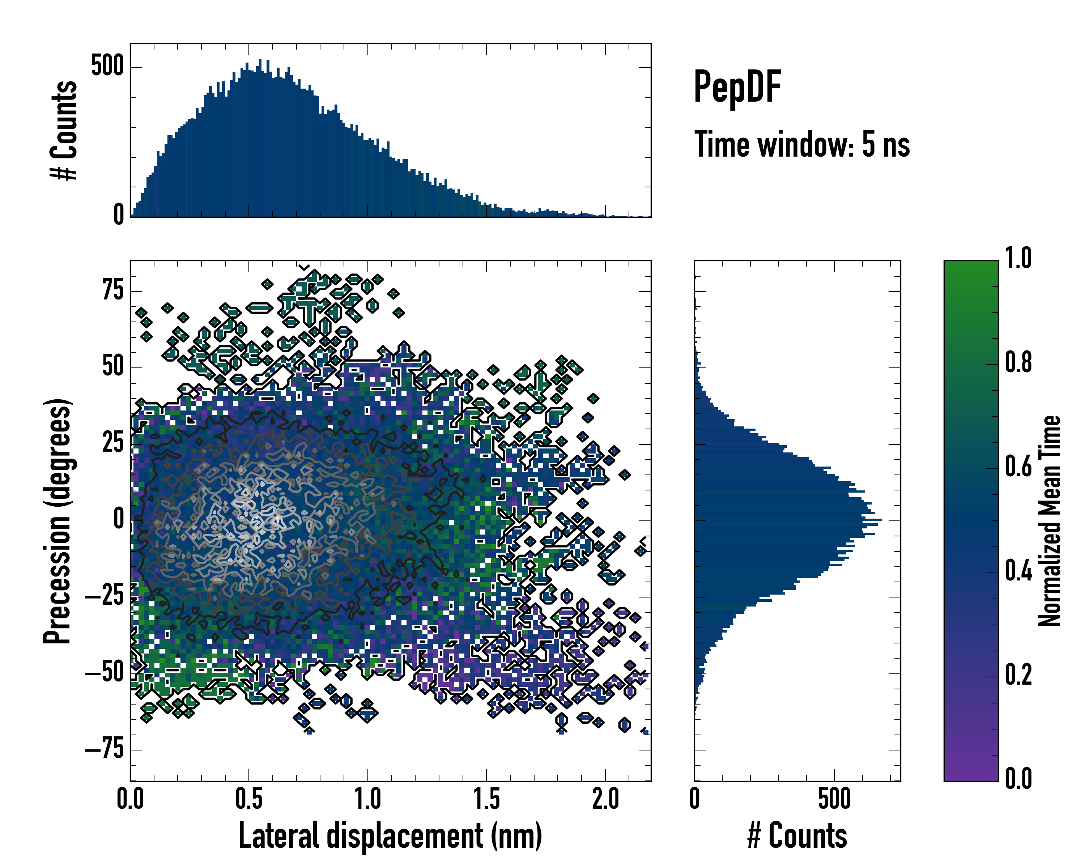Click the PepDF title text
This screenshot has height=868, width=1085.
tap(737, 87)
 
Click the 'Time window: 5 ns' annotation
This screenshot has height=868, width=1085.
tap(802, 144)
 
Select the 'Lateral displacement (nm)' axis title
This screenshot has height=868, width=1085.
tap(390, 836)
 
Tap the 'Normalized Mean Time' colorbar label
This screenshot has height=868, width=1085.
tap(1050, 521)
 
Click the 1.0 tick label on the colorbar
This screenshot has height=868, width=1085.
tap(1018, 258)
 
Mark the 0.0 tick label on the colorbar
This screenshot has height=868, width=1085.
tap(1018, 778)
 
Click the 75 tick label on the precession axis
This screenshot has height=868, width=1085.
tap(113, 290)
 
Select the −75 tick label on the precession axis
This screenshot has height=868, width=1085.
tap(104, 750)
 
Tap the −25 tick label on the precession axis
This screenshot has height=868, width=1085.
tap(104, 597)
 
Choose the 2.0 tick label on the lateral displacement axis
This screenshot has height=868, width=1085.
tap(605, 799)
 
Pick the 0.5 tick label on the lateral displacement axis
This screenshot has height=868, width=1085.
tap(248, 799)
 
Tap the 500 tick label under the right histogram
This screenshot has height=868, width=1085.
tap(834, 799)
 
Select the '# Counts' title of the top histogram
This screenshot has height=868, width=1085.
tap(64, 130)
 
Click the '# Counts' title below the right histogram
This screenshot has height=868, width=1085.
tap(797, 836)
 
